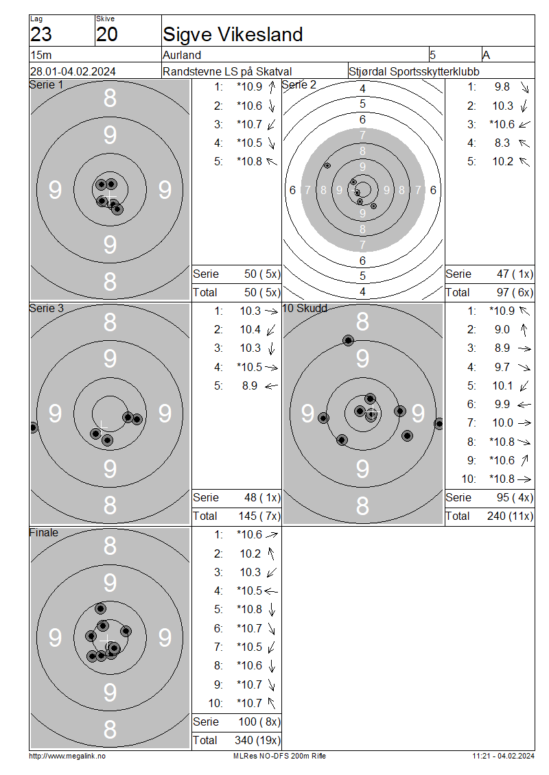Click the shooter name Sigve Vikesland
(233, 34)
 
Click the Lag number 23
(41, 34)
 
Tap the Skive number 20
(107, 34)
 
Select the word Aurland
(182, 55)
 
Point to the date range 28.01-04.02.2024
(73, 71)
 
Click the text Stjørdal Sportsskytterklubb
(414, 71)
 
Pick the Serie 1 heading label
(47, 84)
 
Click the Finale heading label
(44, 532)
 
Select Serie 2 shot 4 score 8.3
(502, 143)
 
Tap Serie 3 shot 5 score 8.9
(249, 385)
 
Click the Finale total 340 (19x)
(257, 740)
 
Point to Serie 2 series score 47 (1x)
(515, 274)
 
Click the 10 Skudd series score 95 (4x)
(515, 497)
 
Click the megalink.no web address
(67, 756)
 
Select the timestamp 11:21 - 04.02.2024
(503, 756)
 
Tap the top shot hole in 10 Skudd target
(348, 340)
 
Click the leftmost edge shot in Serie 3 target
(33, 427)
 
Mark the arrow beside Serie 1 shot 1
(272, 87)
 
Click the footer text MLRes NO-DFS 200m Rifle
(279, 756)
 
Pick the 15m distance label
(41, 55)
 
